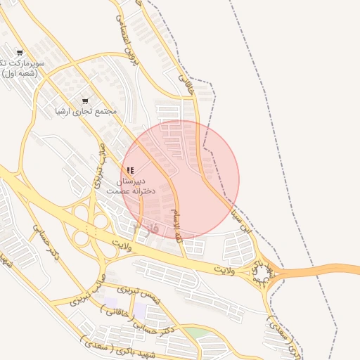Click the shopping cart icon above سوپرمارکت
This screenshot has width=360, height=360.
point(19,53)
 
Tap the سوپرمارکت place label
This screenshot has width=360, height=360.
point(22,63)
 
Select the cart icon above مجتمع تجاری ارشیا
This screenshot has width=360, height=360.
point(86,101)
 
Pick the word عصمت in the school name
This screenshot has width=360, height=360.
point(120,191)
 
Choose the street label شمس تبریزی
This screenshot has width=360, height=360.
point(139,294)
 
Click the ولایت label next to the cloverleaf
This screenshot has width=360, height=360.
point(122,247)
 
